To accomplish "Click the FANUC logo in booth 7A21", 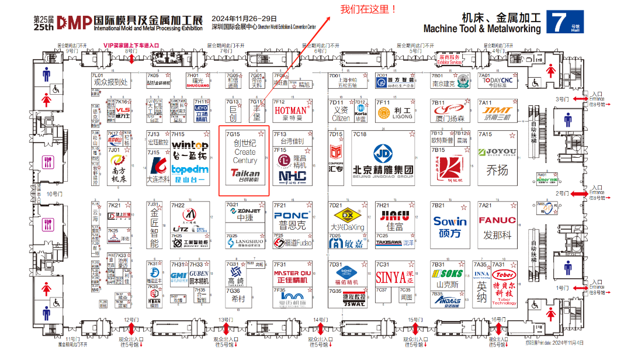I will click(x=497, y=220).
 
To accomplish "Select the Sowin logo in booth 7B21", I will click(x=450, y=221).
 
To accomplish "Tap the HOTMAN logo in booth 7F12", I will click(x=290, y=110).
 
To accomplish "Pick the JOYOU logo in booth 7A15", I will click(x=497, y=153).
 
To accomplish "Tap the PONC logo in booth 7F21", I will click(x=292, y=216).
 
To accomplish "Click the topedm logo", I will click(x=190, y=170).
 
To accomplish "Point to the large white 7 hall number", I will click(x=559, y=22).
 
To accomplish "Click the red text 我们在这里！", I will click(x=367, y=9).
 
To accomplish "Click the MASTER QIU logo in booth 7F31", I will click(x=292, y=273).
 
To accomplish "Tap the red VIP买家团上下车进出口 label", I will click(x=131, y=45).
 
